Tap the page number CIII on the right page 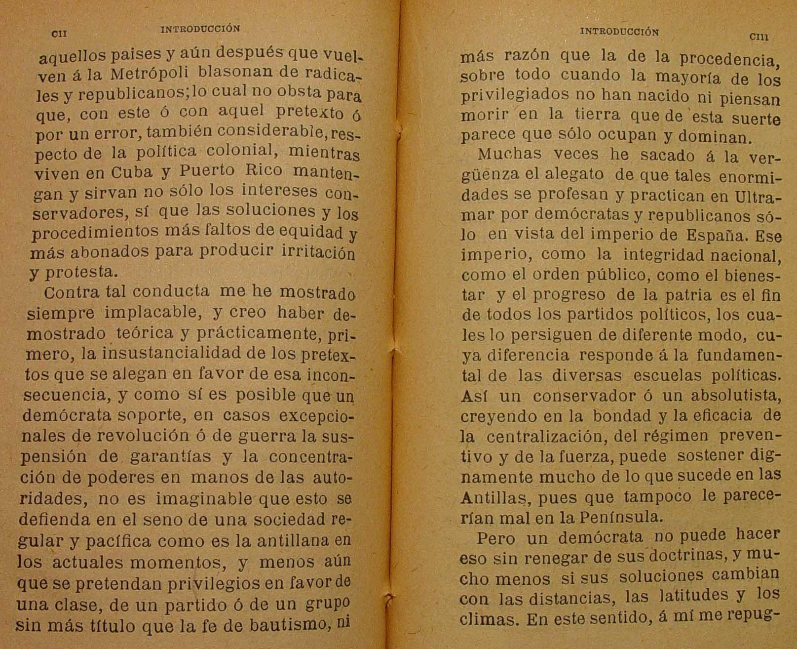[x=759, y=36]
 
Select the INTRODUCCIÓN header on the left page [x=200, y=29]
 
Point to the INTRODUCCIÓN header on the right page [x=619, y=32]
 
